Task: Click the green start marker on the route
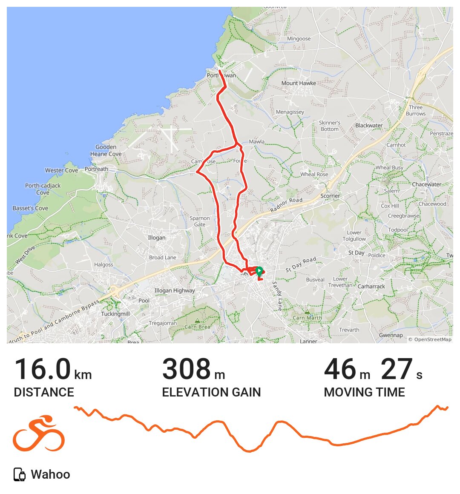point(259,270)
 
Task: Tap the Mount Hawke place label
point(299,83)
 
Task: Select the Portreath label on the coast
point(96,169)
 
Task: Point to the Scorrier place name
point(330,196)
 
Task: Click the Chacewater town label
point(426,184)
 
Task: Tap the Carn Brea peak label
point(197,327)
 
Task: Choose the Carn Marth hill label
point(307,318)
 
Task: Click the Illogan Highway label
point(175,290)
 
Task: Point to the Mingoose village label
point(299,39)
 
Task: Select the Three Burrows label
point(416,110)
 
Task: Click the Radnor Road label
point(286,205)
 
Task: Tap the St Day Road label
point(301,264)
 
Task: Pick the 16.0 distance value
point(43,369)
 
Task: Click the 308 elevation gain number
point(187,369)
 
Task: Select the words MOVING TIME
point(364,392)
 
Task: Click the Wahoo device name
point(50,474)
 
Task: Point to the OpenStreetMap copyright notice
point(430,339)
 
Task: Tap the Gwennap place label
point(391,335)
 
